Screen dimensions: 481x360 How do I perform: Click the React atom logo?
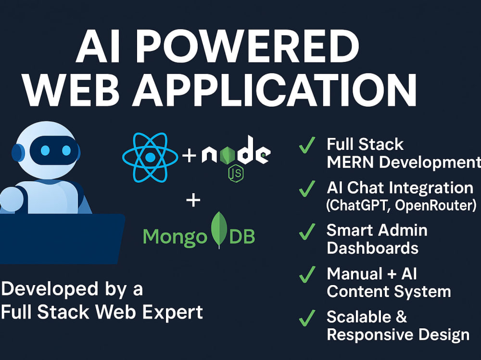click(150, 157)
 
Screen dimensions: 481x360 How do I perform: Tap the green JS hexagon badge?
click(236, 174)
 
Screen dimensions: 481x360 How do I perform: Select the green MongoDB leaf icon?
click(219, 230)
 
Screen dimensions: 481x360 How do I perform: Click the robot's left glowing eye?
click(45, 150)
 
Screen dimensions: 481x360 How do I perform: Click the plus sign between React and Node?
click(189, 155)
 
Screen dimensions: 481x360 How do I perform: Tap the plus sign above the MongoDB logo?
click(193, 200)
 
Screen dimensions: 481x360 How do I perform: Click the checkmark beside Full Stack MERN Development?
click(307, 145)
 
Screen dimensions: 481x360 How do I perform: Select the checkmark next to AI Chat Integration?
click(307, 188)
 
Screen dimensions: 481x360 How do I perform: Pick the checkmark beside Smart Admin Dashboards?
click(307, 232)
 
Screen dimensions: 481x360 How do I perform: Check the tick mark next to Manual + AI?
click(307, 274)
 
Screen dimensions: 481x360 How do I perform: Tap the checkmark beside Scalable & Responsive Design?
click(307, 318)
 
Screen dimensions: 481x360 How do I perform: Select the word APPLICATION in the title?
click(274, 89)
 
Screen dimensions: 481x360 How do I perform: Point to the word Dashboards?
click(373, 248)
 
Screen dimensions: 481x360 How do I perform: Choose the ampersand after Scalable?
click(401, 317)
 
